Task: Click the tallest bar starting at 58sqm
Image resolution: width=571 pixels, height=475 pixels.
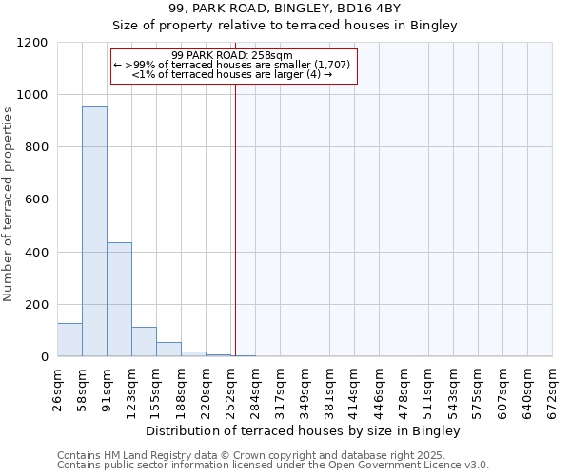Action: (94, 232)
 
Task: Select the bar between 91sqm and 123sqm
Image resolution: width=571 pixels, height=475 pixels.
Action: (119, 299)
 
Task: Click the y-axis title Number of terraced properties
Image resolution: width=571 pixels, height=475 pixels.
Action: (9, 204)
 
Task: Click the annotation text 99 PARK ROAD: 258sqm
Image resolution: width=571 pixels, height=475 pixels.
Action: (232, 55)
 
